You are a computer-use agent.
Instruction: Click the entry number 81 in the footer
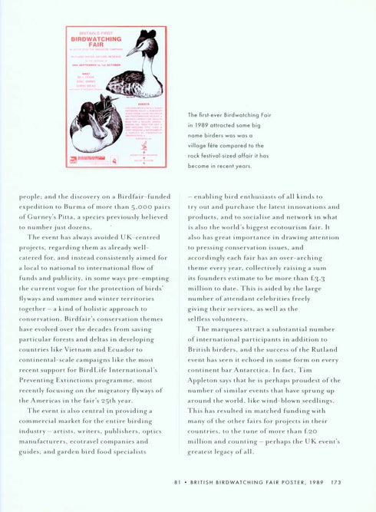[x=176, y=482]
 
